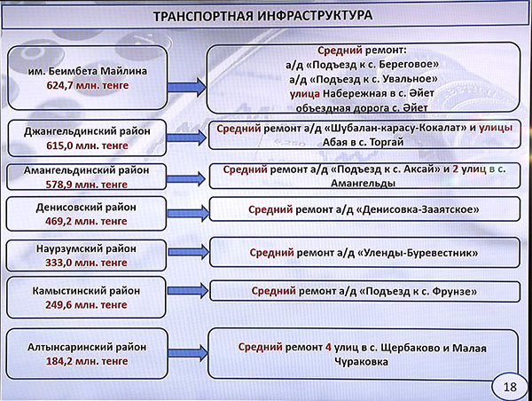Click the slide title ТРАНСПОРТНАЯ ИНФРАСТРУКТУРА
coord(263,16)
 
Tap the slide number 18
coord(510,387)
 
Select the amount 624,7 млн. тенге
coord(88,85)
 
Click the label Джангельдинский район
coord(87,131)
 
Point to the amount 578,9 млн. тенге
coord(87,185)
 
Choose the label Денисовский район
coord(86,207)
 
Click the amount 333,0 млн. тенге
coord(86,263)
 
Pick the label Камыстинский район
coord(86,291)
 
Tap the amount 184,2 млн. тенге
coord(87,361)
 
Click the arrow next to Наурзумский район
coord(189,252)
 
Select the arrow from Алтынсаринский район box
coord(188,353)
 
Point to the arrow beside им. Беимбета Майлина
coord(187,87)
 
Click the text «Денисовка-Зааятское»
coord(418,209)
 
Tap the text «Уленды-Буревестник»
coord(418,253)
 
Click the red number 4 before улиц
coord(328,348)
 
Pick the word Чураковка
coord(361,362)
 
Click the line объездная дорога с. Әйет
coord(362,108)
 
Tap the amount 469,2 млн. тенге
coord(86,221)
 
